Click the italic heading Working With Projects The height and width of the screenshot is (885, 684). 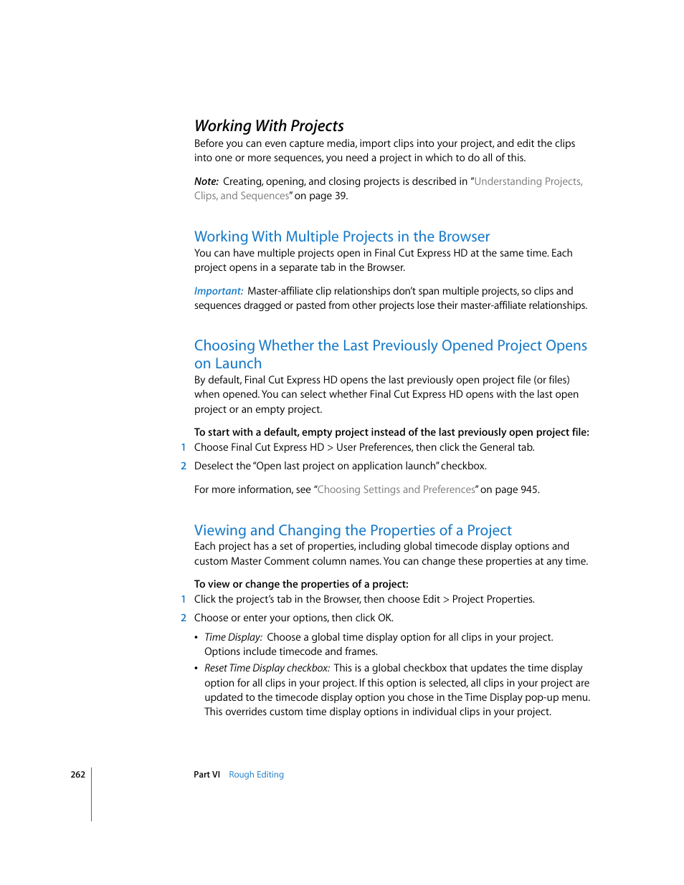tap(269, 126)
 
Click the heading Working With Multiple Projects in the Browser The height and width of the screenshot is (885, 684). tap(342, 236)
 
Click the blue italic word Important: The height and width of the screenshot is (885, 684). tap(218, 291)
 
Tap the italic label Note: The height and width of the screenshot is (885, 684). tap(206, 181)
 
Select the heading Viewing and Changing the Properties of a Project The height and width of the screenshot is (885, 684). tap(353, 530)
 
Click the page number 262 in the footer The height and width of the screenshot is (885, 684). tap(77, 775)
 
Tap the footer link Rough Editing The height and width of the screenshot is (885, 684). tap(256, 775)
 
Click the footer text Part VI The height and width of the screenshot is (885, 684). tap(206, 775)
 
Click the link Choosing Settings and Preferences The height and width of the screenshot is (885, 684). tap(396, 489)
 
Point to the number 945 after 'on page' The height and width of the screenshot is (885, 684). tap(528, 489)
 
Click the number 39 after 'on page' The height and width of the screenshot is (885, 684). tap(340, 196)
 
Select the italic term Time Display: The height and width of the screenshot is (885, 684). tap(233, 637)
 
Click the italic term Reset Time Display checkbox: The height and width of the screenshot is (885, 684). tap(267, 668)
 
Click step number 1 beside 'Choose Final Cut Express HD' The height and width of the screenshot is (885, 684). tap(184, 447)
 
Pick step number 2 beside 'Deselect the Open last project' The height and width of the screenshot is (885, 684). tap(184, 466)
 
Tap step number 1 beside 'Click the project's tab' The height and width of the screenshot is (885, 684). tap(184, 599)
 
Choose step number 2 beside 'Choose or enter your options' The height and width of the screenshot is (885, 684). tap(184, 618)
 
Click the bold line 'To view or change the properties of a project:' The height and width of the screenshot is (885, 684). tap(301, 584)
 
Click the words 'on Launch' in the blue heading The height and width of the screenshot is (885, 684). tap(228, 363)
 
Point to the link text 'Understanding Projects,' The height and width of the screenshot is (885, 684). tap(528, 181)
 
